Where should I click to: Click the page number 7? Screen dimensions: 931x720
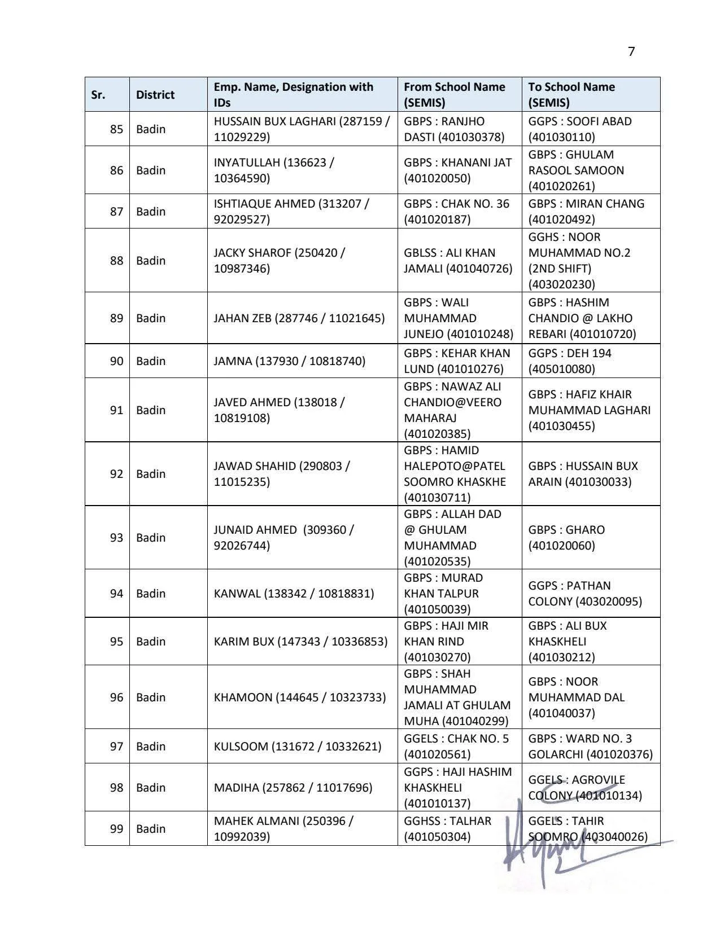(631, 51)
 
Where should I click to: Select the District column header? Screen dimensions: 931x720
(155, 95)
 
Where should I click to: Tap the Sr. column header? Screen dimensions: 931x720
(98, 95)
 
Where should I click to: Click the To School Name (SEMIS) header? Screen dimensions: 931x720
(571, 95)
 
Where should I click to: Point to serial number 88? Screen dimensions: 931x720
(116, 261)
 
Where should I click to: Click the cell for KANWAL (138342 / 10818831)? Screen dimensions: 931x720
(294, 594)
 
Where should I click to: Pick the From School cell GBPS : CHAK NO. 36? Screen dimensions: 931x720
(456, 212)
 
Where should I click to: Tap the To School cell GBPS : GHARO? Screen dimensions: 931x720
(566, 538)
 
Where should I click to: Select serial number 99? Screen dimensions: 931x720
(116, 829)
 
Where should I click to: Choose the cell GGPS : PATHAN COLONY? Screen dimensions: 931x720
(584, 594)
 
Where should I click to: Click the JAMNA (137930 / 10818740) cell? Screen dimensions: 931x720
(289, 361)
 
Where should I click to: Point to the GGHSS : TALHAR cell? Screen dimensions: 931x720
(447, 829)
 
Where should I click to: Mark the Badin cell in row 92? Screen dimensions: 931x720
(151, 474)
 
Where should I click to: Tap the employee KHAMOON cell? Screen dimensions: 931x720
(299, 697)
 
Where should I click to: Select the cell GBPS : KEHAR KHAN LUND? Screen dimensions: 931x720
(456, 361)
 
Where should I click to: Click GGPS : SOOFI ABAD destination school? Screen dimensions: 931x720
(579, 129)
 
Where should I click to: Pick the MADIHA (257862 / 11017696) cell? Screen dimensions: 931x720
(293, 788)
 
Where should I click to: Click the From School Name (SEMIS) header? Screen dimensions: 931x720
(454, 95)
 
